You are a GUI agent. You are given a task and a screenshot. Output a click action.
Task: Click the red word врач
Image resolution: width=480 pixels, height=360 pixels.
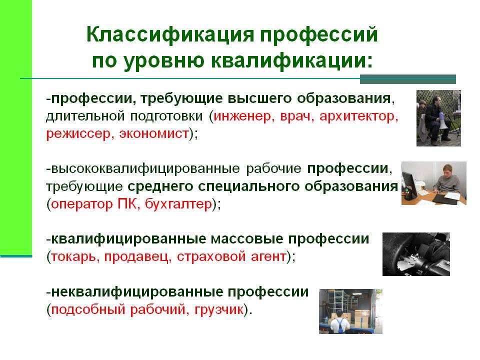pos(295,116)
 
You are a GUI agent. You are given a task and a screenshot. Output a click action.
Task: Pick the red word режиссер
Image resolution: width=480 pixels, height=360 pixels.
pos(78,134)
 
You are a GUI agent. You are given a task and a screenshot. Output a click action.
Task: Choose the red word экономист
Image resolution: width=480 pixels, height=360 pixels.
pos(153,134)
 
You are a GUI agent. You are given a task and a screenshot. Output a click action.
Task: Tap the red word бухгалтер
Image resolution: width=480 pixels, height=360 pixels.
pos(178,204)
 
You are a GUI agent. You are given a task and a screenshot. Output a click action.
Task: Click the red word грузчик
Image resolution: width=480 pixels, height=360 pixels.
pos(219,309)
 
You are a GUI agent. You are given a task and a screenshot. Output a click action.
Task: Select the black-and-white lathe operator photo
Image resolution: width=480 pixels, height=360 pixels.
pos(416,254)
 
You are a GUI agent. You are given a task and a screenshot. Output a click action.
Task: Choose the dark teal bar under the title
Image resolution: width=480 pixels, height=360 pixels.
pos(408,79)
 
